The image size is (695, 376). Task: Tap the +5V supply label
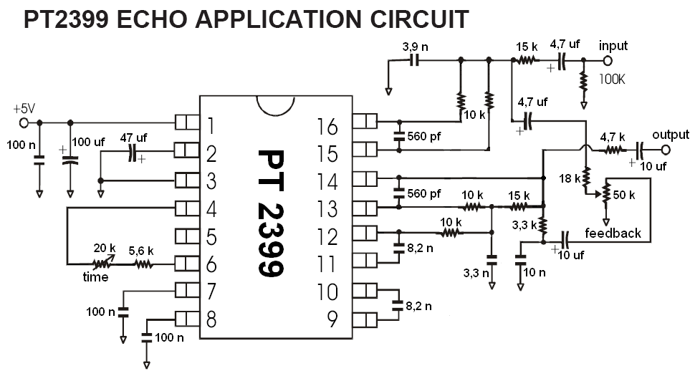click(24, 109)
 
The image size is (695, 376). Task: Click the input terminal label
click(613, 46)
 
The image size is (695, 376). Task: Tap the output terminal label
click(671, 135)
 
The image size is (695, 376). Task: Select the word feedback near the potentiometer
click(613, 233)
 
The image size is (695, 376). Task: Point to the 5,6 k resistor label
click(143, 251)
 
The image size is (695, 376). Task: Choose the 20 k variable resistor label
click(105, 248)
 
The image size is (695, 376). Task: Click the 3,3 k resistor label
click(525, 223)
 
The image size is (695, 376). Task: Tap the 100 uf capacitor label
click(89, 143)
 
